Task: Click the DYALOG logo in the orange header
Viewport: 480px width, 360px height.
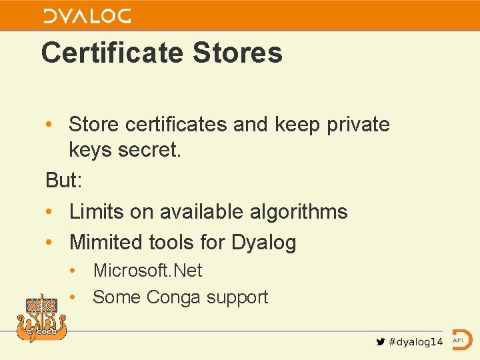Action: pos(87,15)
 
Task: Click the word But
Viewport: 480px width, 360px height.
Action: pos(60,180)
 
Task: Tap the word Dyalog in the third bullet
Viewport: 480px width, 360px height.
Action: pos(263,243)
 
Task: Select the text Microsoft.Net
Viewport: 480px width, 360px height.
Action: pos(147,270)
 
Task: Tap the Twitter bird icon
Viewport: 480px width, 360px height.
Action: pos(380,341)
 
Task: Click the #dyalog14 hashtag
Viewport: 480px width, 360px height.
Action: pos(415,341)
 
